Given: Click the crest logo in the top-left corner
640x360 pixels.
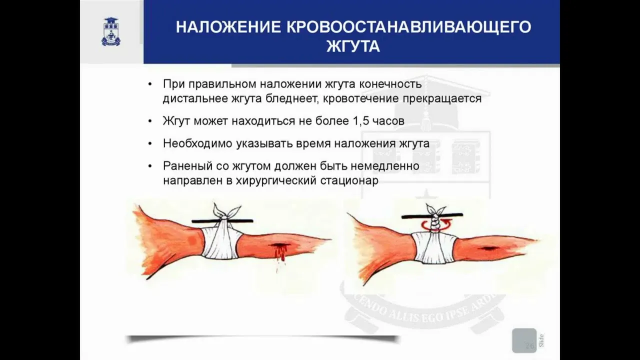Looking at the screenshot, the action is (111, 31).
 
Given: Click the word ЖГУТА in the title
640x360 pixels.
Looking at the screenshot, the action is (353, 47).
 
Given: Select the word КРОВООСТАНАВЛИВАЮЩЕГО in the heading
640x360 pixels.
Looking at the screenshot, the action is (409, 27).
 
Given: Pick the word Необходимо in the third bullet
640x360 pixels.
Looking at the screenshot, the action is (197, 143).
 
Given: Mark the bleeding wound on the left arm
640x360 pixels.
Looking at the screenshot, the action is (278, 250).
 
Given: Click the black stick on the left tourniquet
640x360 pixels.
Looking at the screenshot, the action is (222, 221).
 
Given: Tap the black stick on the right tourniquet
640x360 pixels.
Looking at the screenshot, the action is (432, 215).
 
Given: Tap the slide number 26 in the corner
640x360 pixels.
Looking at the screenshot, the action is (529, 345).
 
